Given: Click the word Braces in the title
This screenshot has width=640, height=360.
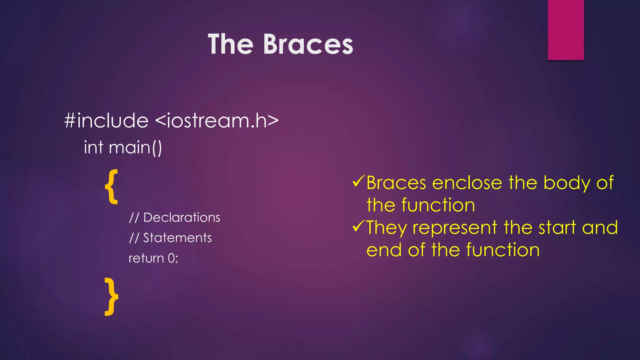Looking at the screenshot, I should (308, 45).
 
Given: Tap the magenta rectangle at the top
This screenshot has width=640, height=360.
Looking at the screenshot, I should (566, 30).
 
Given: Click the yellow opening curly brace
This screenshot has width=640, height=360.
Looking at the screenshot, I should (111, 187).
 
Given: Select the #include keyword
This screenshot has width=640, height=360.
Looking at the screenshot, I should (106, 121).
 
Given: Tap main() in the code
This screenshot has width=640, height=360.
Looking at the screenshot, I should (135, 147).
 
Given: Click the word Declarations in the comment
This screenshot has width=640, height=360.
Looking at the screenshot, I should (182, 217).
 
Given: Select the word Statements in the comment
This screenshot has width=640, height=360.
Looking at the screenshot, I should (177, 238).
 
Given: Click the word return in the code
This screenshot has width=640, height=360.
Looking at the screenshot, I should (146, 258).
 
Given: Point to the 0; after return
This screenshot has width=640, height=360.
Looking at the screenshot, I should (173, 258).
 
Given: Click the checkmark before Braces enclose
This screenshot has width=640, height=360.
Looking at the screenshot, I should (358, 181).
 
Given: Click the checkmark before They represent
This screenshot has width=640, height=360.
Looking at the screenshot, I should (358, 226).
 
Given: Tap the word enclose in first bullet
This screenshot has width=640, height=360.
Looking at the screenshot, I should (467, 183).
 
